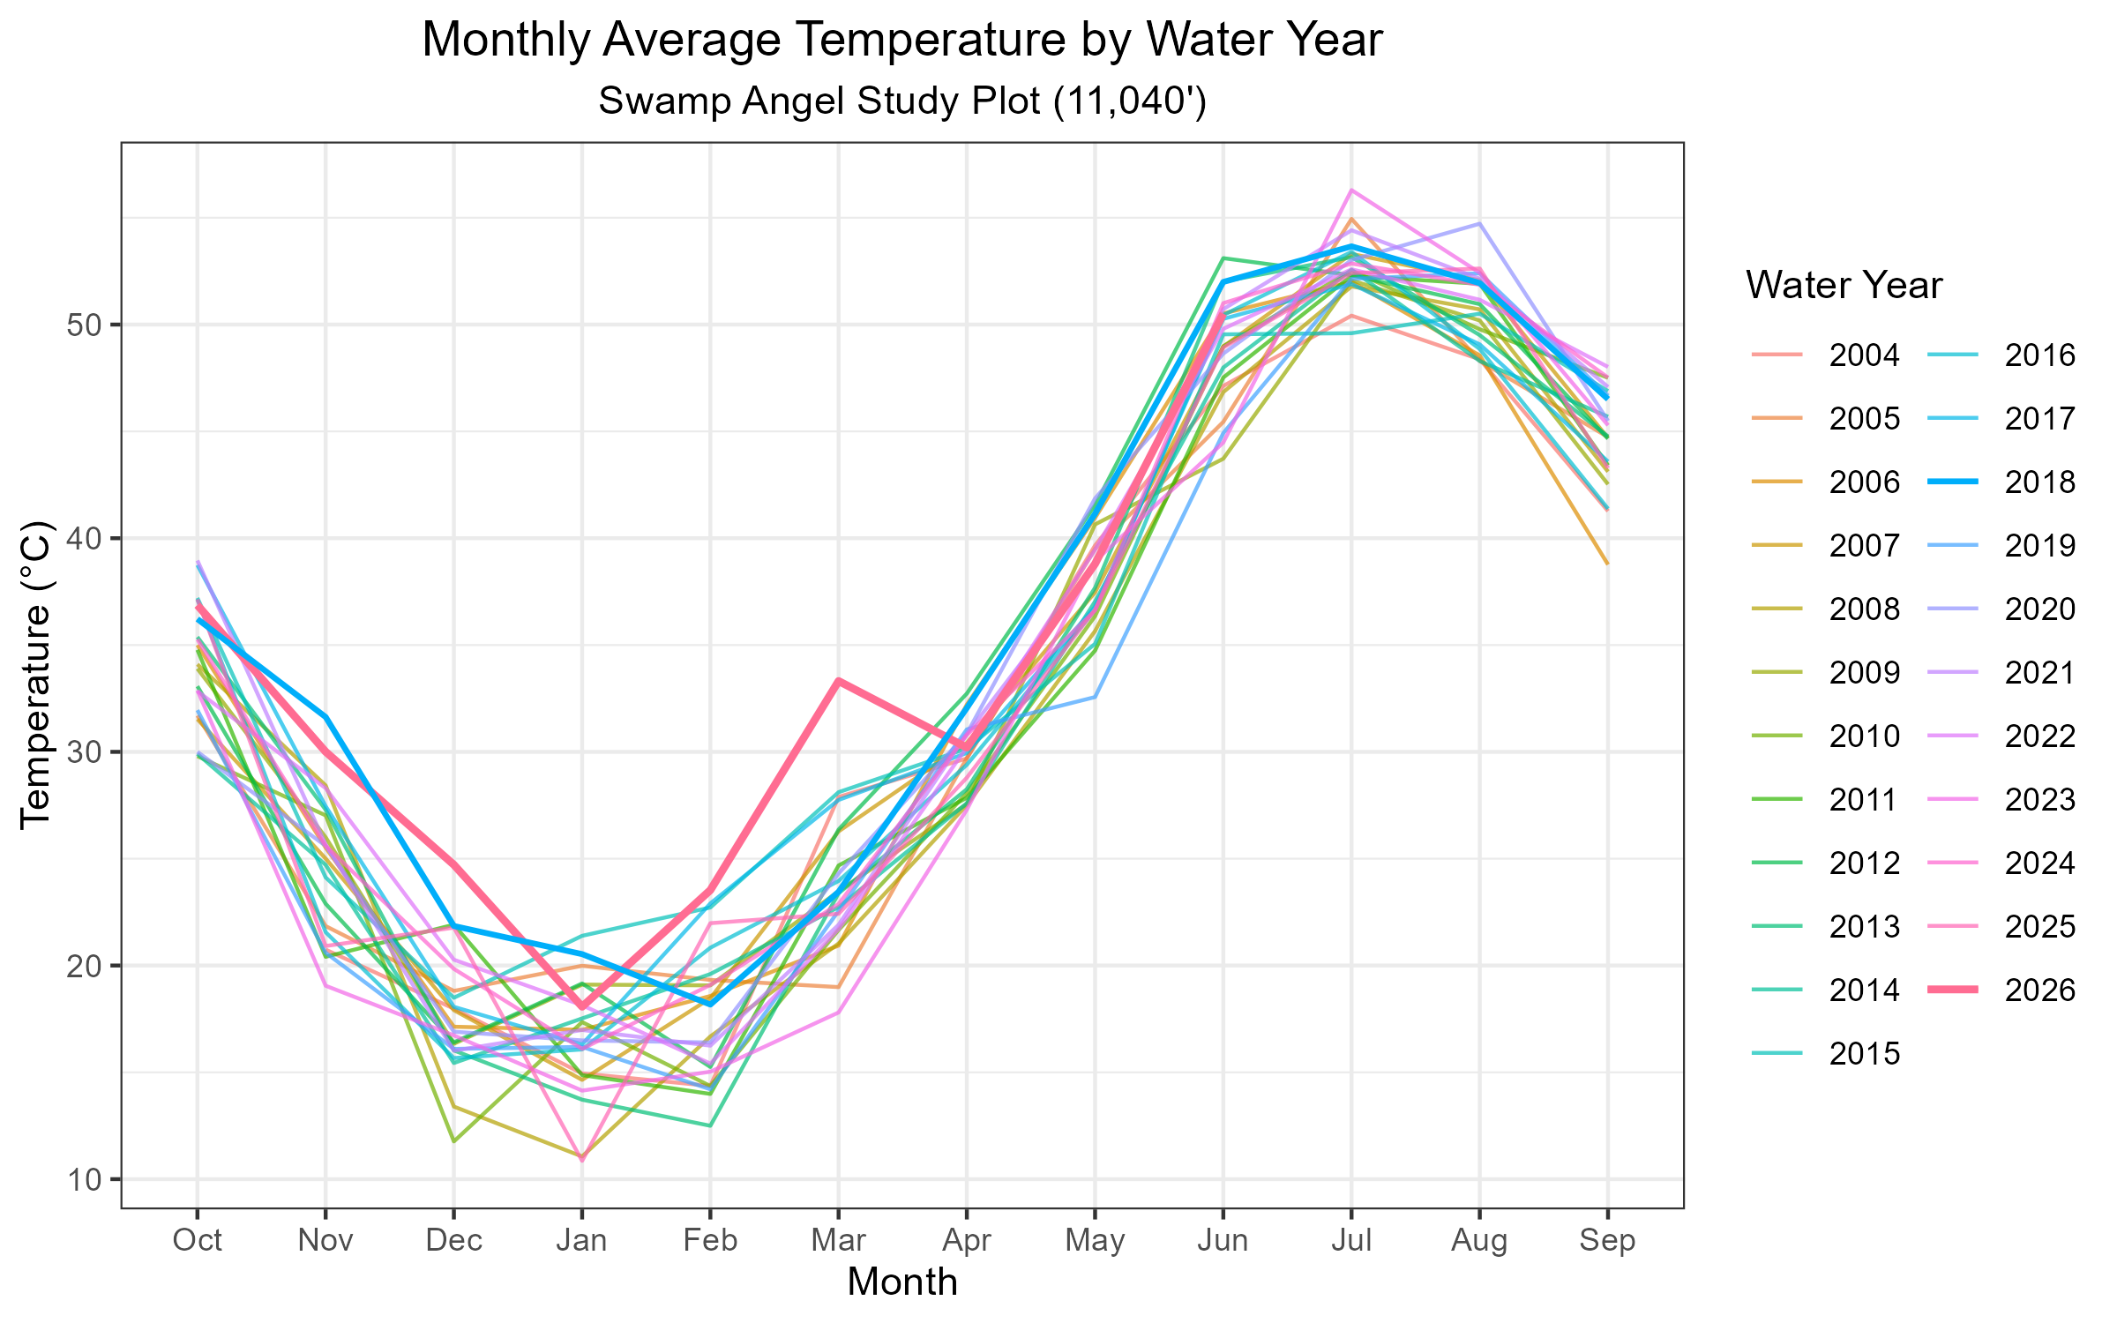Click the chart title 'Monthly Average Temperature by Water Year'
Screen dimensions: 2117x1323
(902, 40)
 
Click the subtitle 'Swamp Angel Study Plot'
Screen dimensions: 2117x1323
(819, 101)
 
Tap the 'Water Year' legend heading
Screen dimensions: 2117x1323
(1844, 285)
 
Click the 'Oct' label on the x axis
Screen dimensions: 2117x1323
(198, 1240)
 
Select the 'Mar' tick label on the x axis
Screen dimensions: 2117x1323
(839, 1240)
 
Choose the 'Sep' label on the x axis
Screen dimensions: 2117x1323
(1608, 1240)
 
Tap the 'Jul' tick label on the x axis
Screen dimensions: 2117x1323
(1351, 1240)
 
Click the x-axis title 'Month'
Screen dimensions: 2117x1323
(902, 1282)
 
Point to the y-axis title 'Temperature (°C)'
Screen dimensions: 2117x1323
(37, 675)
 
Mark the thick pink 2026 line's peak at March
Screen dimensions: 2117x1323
(839, 681)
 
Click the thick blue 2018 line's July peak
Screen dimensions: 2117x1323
(1351, 246)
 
